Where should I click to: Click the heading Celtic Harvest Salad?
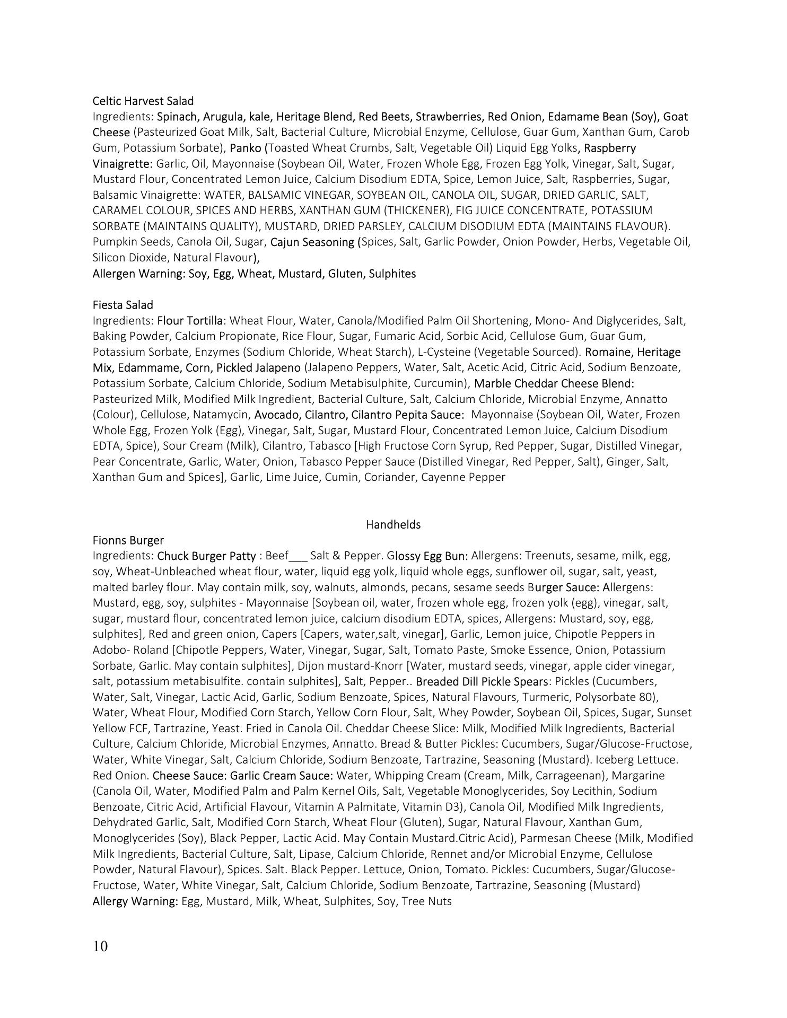[143, 101]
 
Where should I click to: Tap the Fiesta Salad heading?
[123, 305]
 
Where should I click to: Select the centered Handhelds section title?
[393, 524]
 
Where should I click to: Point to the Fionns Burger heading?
[128, 540]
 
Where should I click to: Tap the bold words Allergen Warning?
[139, 274]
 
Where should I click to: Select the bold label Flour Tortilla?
[190, 321]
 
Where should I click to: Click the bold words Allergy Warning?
[135, 901]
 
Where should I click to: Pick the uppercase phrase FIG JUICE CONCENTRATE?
[520, 210]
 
